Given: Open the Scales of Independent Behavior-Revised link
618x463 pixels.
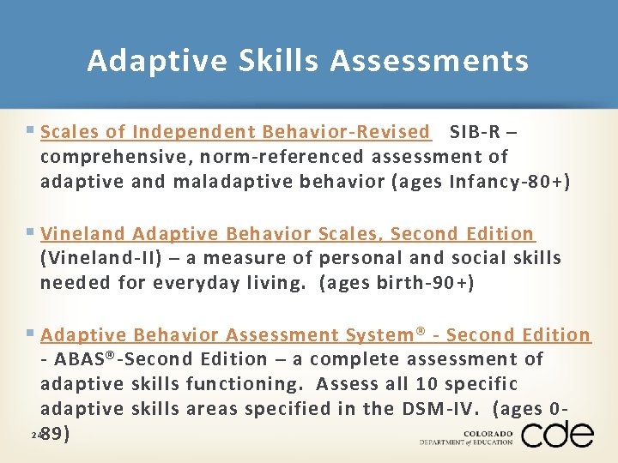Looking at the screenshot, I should (234, 132).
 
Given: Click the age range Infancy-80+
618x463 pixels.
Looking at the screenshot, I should (506, 182).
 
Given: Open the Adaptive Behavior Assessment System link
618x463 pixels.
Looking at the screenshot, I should (315, 335).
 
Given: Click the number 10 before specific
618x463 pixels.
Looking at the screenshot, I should (425, 384).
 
